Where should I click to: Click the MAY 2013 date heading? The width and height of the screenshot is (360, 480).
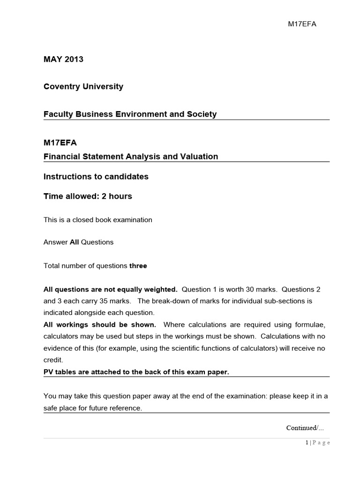click(x=63, y=60)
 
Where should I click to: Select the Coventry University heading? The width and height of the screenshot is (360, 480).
click(x=83, y=87)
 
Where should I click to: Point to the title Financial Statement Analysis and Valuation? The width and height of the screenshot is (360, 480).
click(x=131, y=157)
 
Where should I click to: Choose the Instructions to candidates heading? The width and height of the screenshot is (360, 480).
click(x=96, y=177)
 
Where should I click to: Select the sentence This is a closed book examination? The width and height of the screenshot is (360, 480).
click(x=97, y=220)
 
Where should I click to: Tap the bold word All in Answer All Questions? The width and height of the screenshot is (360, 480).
click(x=75, y=242)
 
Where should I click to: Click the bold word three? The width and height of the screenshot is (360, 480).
click(x=138, y=266)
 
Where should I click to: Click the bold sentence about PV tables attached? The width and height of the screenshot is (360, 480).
click(x=136, y=372)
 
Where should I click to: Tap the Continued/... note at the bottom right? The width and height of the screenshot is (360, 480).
click(x=305, y=427)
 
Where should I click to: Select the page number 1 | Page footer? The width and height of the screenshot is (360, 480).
click(x=318, y=443)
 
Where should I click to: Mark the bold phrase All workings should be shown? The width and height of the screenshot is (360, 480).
click(x=100, y=325)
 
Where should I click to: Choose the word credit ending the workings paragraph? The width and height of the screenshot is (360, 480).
click(x=53, y=360)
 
